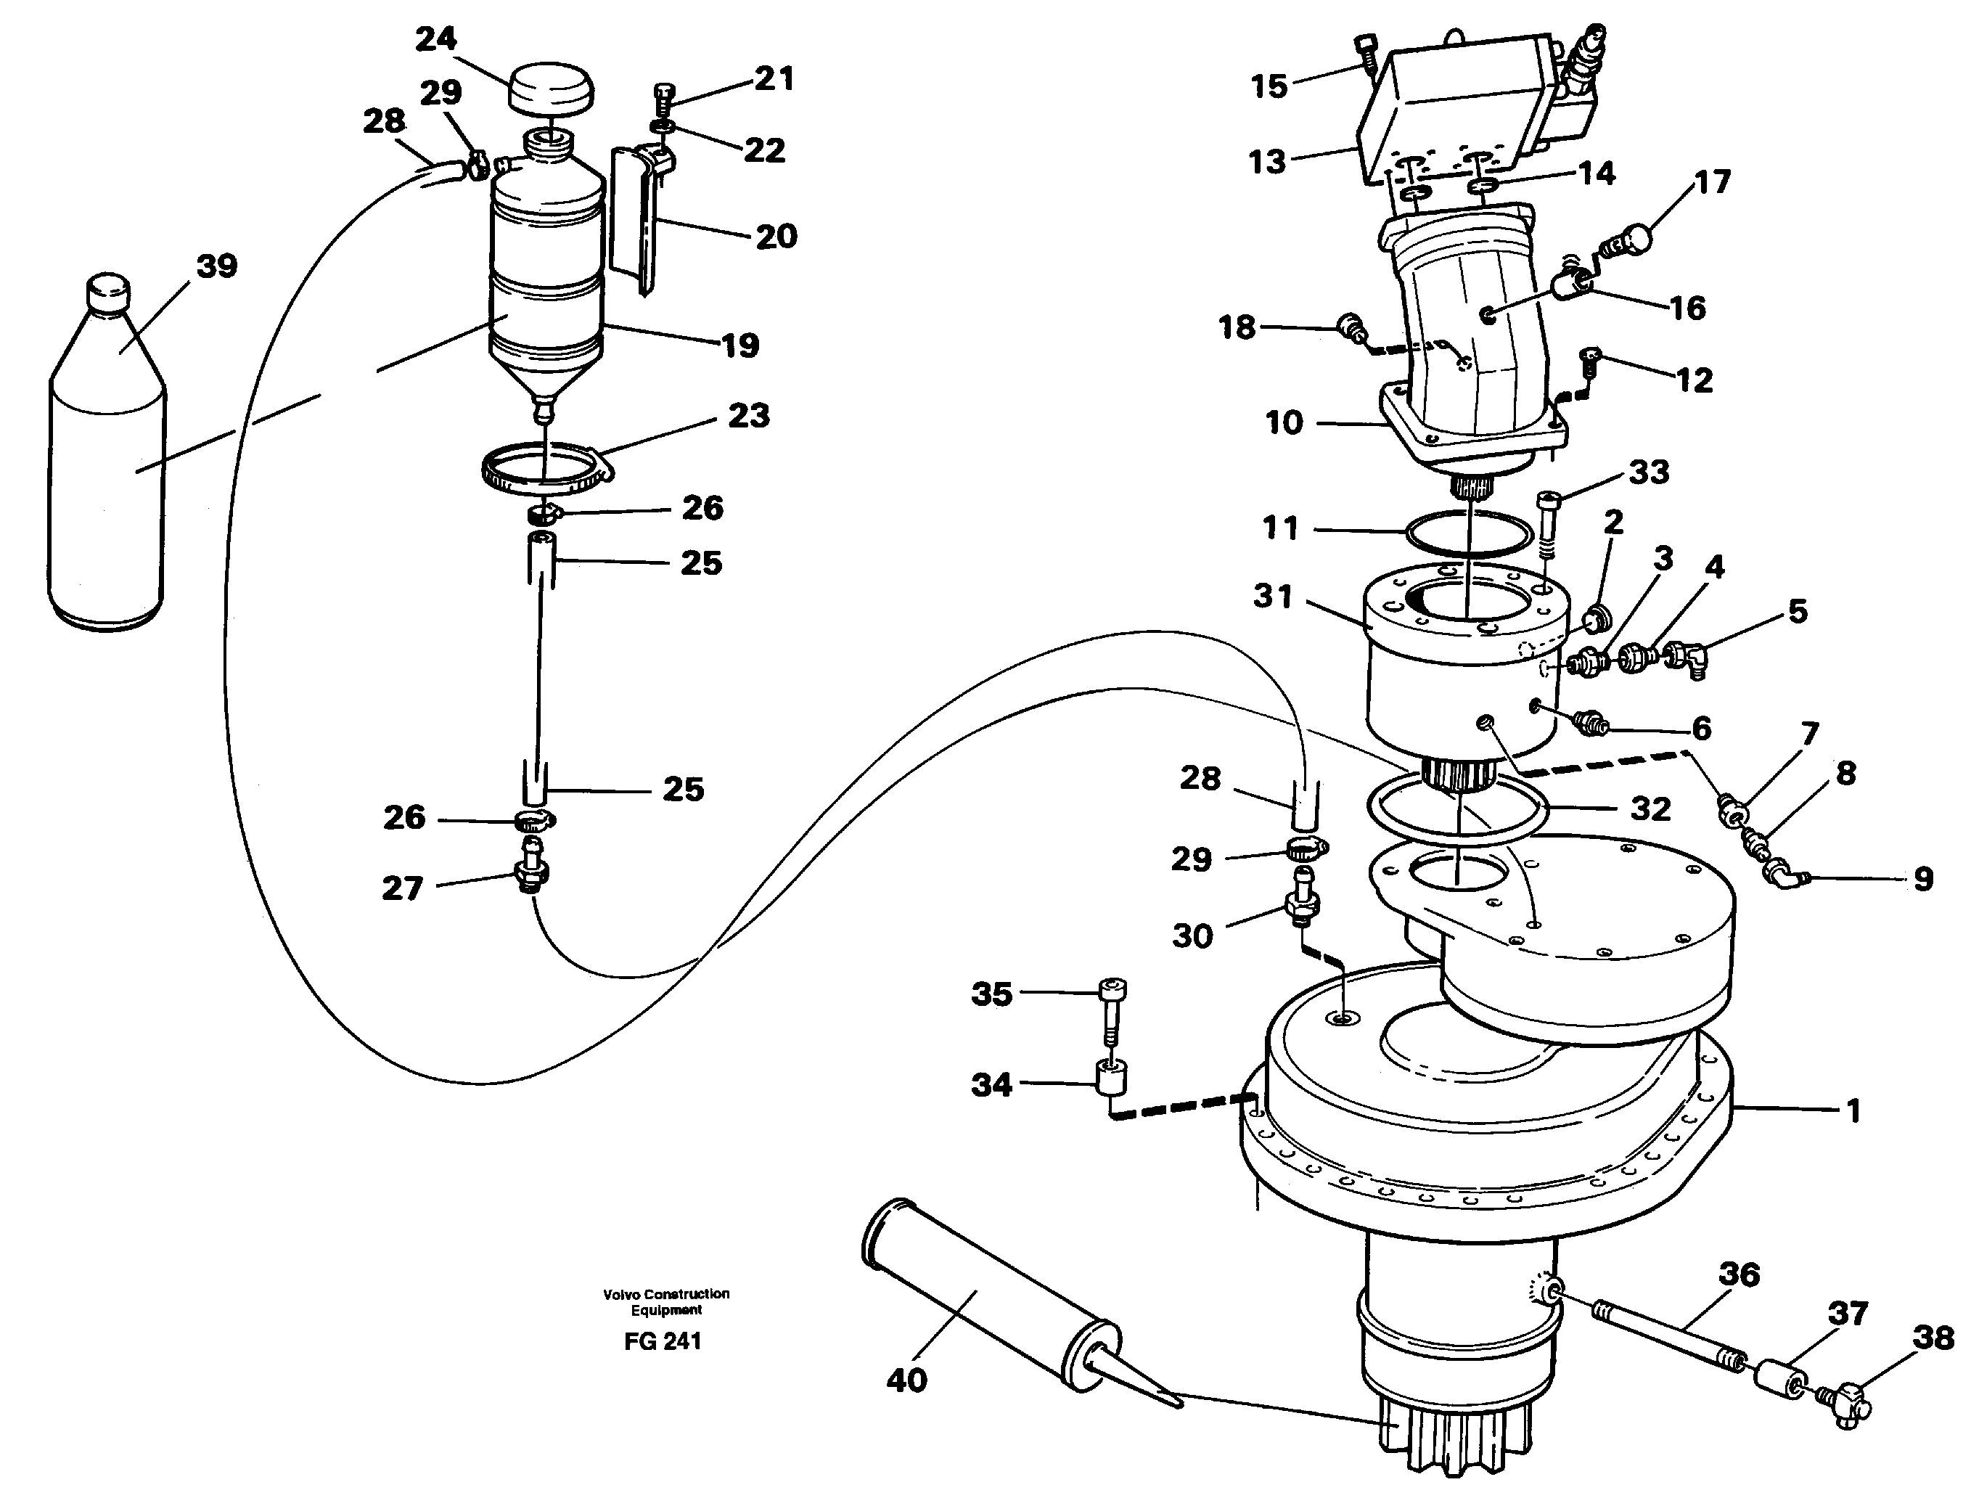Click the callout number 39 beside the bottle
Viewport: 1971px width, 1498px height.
pyautogui.click(x=217, y=266)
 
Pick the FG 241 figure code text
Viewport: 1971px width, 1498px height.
pyautogui.click(x=663, y=1341)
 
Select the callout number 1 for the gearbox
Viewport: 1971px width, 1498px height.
pyautogui.click(x=1853, y=1111)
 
